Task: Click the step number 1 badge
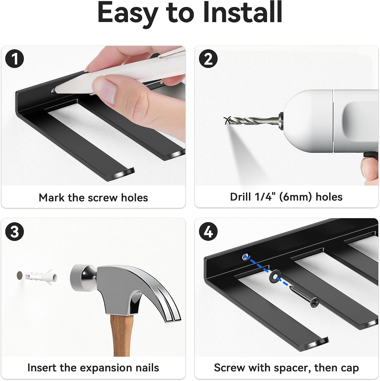pos(14,59)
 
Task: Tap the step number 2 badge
pos(208,59)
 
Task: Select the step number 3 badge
pos(14,231)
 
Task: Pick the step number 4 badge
pos(208,231)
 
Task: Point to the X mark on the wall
pos(227,120)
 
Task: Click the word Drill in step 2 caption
pos(241,197)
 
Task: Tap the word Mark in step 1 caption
pos(52,198)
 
